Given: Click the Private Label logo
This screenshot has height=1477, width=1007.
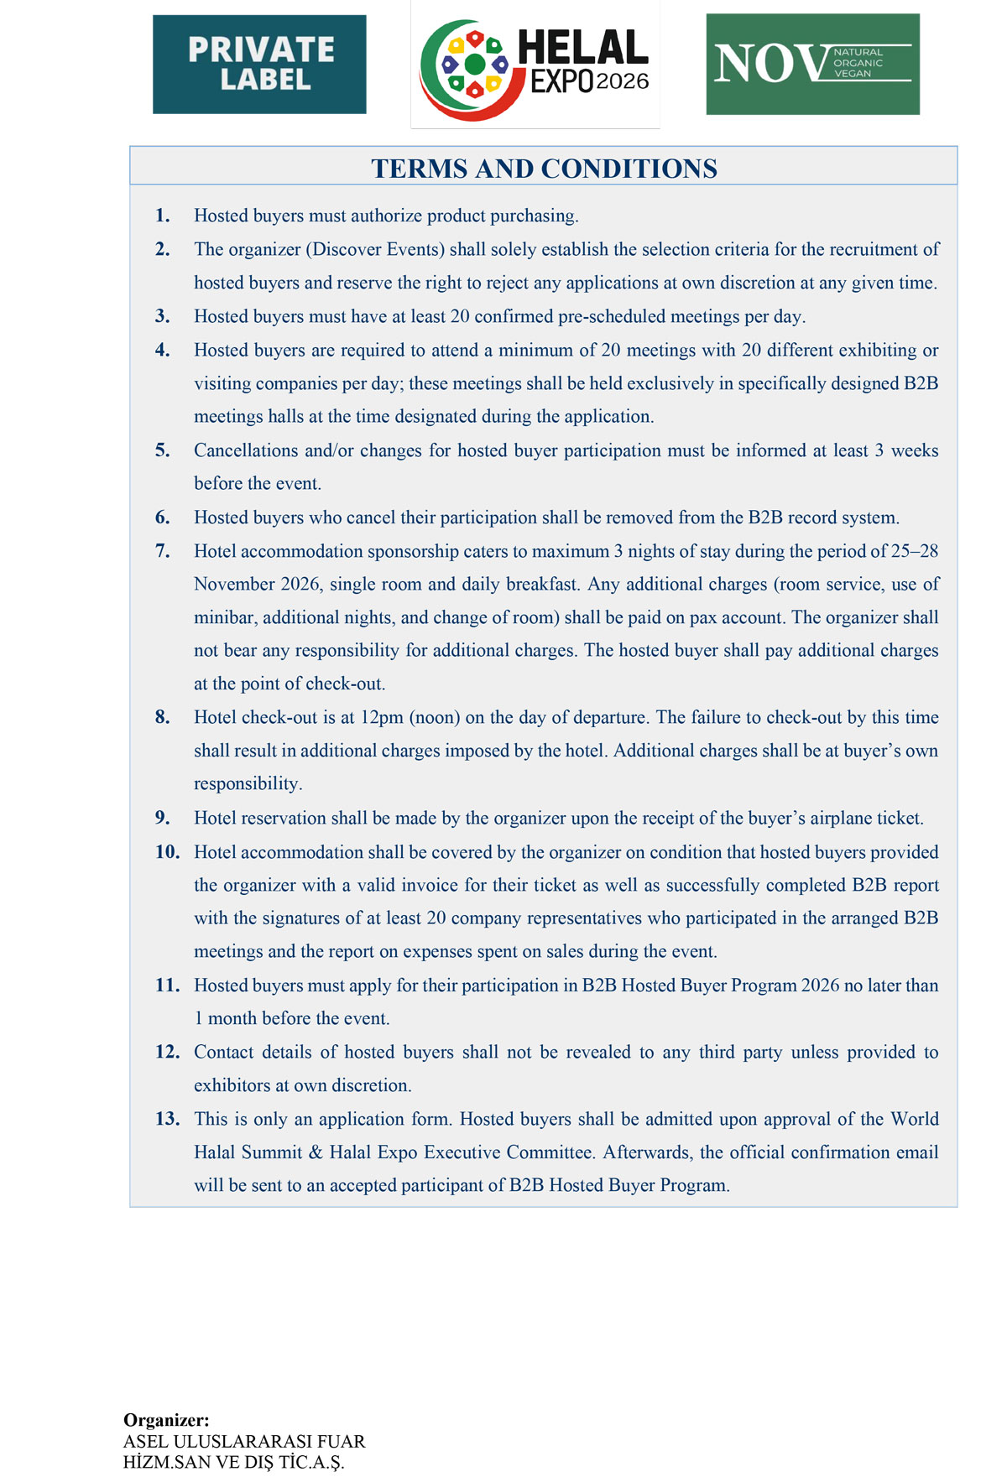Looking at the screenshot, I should [x=259, y=65].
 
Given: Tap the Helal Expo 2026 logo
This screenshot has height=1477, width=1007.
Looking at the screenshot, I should [x=535, y=65].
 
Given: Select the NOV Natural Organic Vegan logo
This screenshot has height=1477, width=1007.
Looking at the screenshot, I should [x=812, y=65].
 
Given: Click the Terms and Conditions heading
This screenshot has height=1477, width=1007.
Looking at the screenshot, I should [x=544, y=169].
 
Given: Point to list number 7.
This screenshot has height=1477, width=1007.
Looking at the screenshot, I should [x=162, y=551].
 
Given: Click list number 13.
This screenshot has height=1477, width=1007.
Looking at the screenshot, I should [x=167, y=1119].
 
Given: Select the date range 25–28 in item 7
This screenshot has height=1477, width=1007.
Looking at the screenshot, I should [x=916, y=551].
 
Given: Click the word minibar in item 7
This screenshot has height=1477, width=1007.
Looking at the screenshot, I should [x=224, y=618].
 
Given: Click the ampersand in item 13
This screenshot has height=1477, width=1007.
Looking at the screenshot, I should [x=316, y=1152].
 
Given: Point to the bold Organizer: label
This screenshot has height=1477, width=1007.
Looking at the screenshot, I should [x=166, y=1420].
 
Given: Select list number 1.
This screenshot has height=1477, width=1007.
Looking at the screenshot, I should [x=162, y=216].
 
